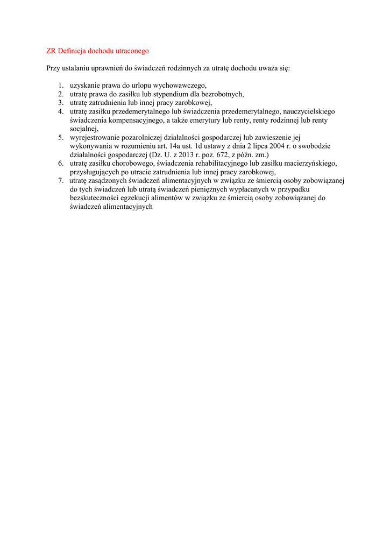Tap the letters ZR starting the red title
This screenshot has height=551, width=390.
click(51, 51)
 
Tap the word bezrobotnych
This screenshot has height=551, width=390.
click(222, 94)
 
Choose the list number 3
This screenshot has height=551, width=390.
click(61, 103)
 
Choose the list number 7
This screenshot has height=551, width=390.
click(61, 180)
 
